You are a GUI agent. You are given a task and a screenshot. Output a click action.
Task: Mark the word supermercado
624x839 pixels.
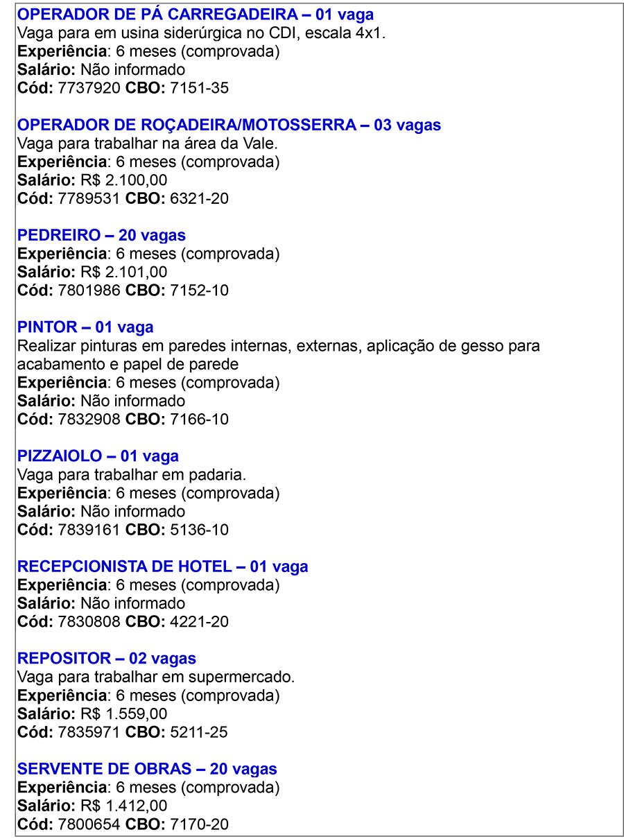pyautogui.click(x=243, y=677)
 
